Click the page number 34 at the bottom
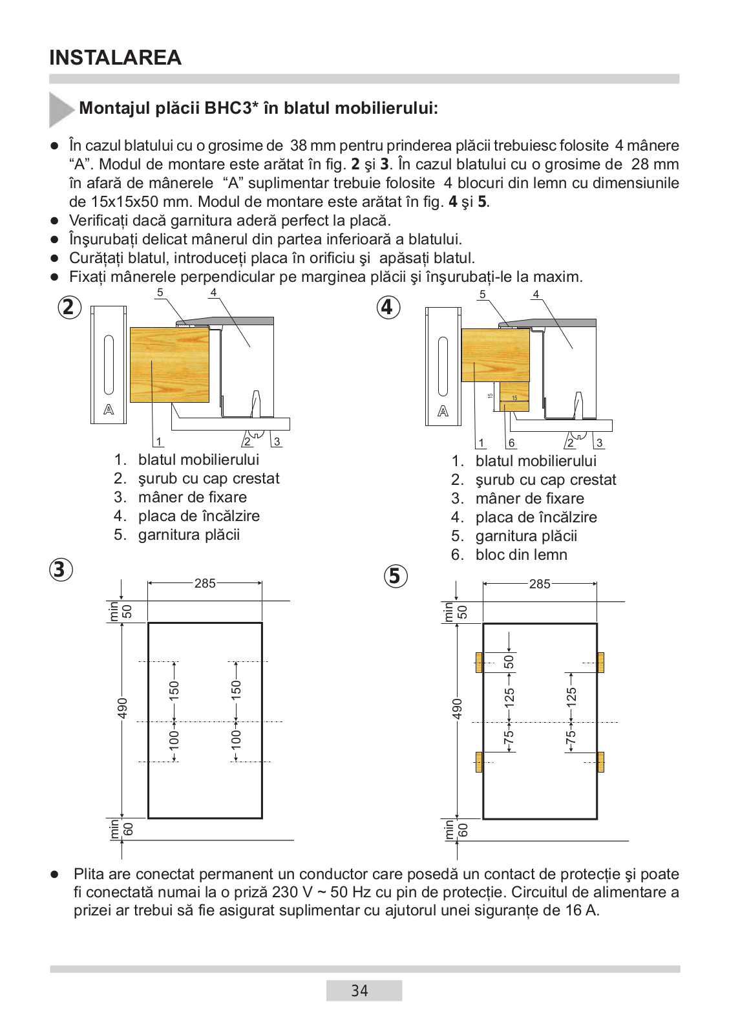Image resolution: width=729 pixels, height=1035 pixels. point(360,990)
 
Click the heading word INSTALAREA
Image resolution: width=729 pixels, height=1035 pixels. point(115,58)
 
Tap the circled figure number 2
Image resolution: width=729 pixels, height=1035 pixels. point(69,307)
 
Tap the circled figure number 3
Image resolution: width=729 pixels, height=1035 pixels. point(61,570)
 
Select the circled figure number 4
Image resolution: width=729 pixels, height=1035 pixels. point(388,306)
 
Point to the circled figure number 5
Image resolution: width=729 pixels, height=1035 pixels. point(396,575)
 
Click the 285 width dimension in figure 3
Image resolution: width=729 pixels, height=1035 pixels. point(205,583)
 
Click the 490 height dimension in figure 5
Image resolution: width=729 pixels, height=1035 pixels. point(458,709)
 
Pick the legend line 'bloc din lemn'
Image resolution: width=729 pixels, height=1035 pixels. point(521,555)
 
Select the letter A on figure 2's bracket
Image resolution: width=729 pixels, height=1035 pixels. point(109,409)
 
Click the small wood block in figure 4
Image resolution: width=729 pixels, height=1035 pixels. point(514,396)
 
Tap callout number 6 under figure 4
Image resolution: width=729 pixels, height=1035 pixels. point(511,443)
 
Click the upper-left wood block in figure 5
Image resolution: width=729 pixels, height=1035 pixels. point(479,663)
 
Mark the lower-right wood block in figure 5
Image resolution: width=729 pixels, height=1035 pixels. point(600,762)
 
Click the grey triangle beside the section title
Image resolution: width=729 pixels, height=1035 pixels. point(61,109)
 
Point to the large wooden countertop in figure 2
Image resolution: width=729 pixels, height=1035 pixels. point(169,365)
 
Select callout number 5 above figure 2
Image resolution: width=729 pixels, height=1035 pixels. point(160,292)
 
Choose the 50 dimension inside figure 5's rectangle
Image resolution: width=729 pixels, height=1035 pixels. point(509,662)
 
